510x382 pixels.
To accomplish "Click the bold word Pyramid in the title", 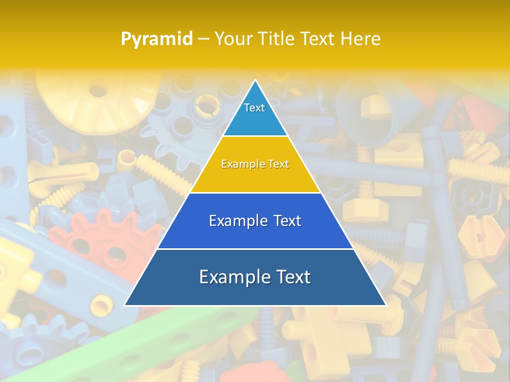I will pos(156,39).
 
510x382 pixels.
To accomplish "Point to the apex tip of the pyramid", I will pos(255,81).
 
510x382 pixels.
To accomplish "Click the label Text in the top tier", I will pos(254,108).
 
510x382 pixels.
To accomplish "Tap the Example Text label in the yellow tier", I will pos(255,164).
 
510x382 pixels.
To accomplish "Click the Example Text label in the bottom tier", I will pos(255,277).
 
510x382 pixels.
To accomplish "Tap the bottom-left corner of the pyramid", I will pos(125,305).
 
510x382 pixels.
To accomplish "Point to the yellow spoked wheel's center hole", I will pos(99,89).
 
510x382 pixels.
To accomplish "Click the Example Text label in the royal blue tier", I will pos(255,221).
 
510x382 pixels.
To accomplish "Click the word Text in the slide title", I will pos(318,39).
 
